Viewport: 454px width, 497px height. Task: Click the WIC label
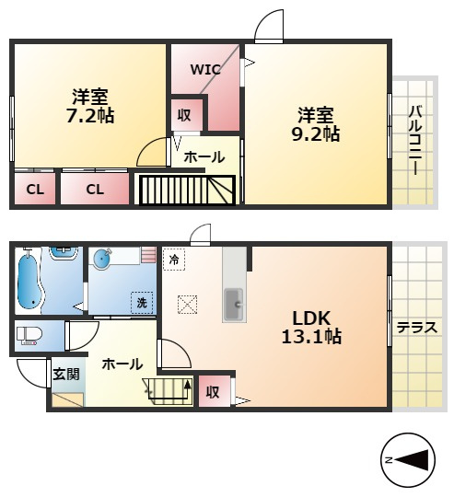[x=205, y=70]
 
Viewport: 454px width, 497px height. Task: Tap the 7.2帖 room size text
[x=90, y=116]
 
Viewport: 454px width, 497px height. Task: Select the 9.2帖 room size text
[x=316, y=134]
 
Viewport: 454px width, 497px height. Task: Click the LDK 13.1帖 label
[x=311, y=327]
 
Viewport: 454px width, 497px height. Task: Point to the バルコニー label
[x=415, y=141]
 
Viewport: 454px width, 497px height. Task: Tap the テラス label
[x=417, y=328]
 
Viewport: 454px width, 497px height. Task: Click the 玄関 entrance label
[x=66, y=375]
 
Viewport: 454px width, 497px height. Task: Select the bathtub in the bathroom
[x=29, y=281]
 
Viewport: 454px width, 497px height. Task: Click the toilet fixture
[x=29, y=336]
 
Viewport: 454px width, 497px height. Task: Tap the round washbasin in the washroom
[x=102, y=259]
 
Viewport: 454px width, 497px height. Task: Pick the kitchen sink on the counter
[x=234, y=305]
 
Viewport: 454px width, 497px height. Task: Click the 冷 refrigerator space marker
[x=174, y=260]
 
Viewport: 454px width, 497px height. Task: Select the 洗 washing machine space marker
[x=142, y=303]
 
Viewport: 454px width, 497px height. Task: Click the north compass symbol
[x=408, y=459]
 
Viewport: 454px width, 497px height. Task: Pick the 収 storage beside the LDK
[x=215, y=391]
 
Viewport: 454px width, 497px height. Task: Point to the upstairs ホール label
[x=204, y=156]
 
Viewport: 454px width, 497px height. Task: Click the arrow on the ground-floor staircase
[x=188, y=392]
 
